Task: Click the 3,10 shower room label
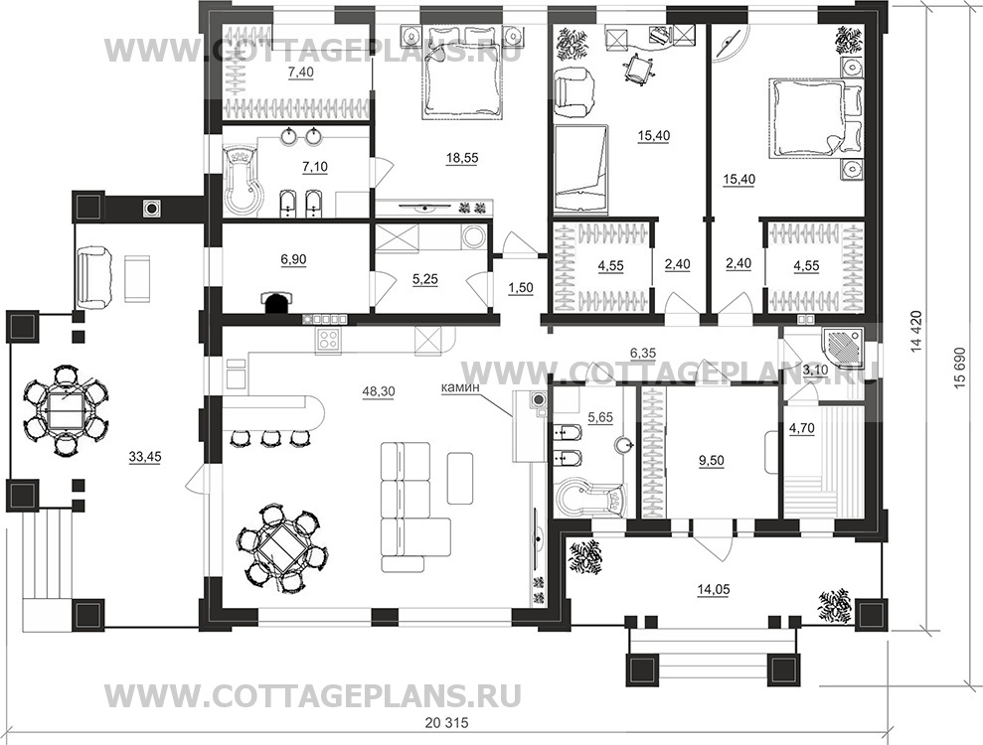815,370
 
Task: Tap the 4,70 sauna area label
800,429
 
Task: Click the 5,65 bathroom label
600,418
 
